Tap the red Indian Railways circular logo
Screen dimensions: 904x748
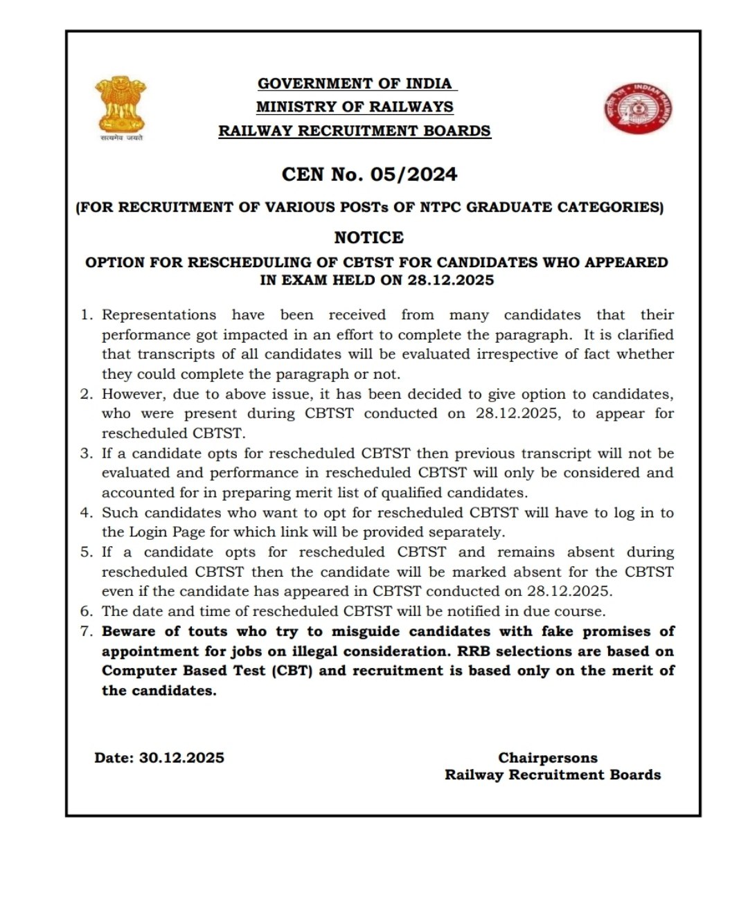638,109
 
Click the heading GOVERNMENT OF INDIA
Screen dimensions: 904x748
355,84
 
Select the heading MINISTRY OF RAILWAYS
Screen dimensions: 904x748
355,107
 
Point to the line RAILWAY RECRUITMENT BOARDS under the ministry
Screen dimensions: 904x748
355,131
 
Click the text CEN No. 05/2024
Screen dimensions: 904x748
369,174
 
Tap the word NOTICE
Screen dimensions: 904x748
368,237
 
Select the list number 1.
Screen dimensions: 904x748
86,315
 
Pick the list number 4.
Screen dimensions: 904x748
86,513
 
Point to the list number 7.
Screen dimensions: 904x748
86,631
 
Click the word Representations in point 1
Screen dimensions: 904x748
159,315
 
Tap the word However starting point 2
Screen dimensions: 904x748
133,395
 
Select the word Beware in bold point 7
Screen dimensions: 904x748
129,631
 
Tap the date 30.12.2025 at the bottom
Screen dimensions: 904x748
181,758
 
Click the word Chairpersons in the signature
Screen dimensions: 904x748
547,758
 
